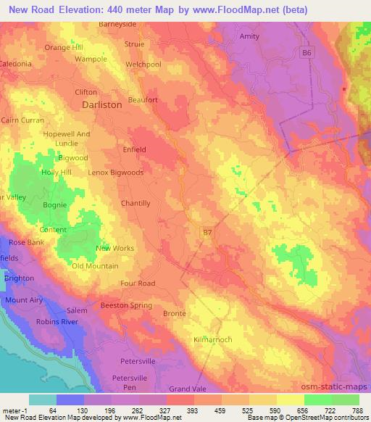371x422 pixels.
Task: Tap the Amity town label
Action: click(249, 35)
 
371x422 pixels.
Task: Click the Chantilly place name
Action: click(136, 203)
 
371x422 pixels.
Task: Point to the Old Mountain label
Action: click(95, 266)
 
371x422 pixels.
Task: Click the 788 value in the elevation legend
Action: click(359, 410)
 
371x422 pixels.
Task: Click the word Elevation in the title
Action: click(91, 10)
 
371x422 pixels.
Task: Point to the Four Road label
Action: click(138, 284)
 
